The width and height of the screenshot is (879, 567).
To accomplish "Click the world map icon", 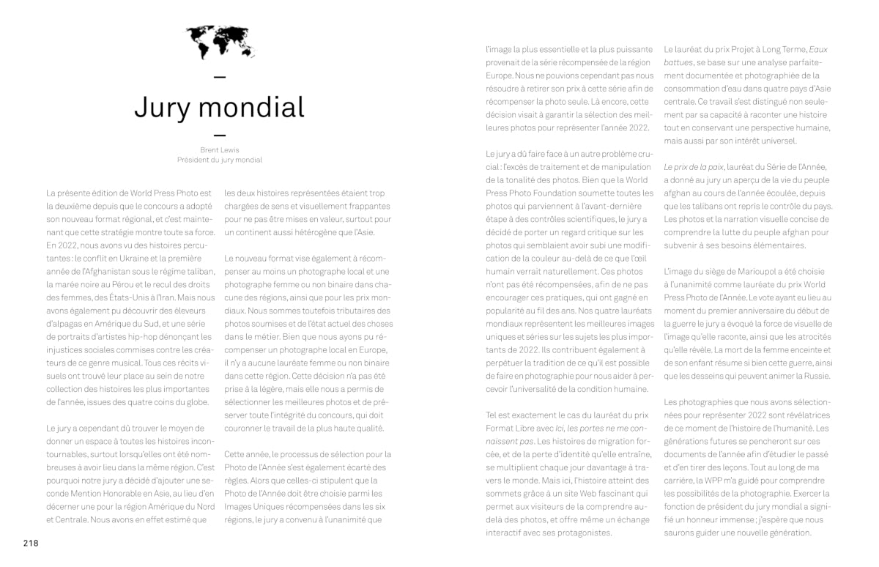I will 220,42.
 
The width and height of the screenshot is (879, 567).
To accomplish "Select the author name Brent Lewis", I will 220,150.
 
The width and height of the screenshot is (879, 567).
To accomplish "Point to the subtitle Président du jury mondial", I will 220,160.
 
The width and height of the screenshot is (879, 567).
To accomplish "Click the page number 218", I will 30,543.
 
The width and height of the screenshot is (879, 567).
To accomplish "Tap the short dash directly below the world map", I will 220,77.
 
